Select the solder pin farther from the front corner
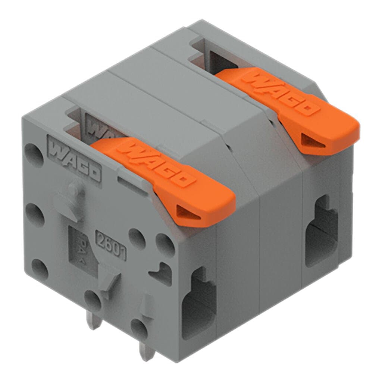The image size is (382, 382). pyautogui.click(x=94, y=321)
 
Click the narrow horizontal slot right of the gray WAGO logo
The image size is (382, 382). pyautogui.click(x=131, y=185)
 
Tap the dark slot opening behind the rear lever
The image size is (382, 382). pyautogui.click(x=220, y=62)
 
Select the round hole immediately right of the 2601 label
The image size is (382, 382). pyautogui.click(x=137, y=239)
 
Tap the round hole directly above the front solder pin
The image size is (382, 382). pyautogui.click(x=139, y=328)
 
